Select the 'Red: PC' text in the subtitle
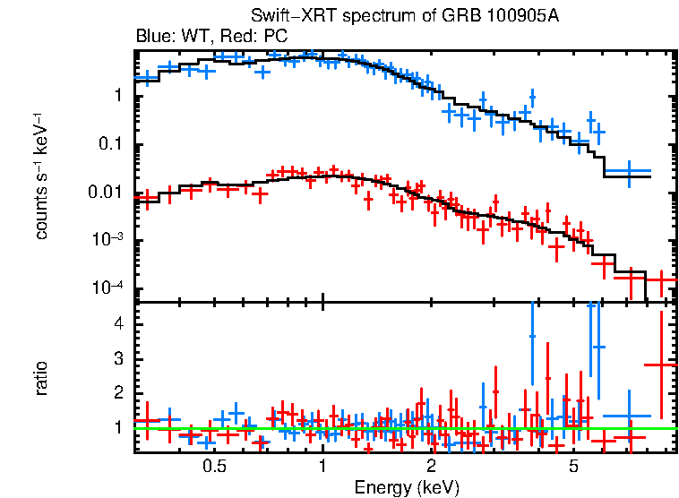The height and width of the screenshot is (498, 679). point(243,37)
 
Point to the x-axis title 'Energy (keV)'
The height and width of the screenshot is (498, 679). point(407,488)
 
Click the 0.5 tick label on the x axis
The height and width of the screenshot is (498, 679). point(214,467)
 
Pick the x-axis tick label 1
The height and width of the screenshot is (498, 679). point(322,467)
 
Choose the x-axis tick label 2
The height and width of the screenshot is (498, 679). point(431,467)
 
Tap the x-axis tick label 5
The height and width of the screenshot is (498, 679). point(574,467)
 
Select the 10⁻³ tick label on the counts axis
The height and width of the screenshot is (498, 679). point(113,240)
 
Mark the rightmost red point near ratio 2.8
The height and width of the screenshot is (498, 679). point(661,365)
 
